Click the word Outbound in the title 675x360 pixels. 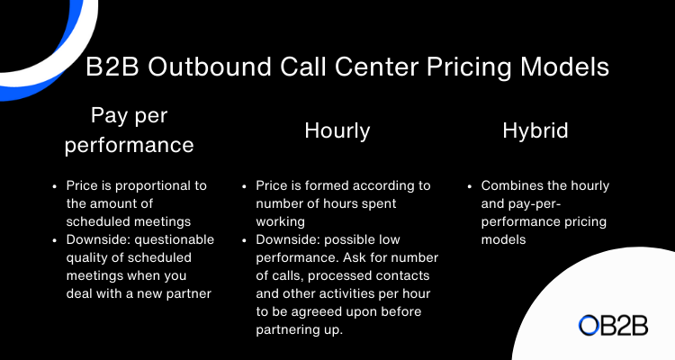[x=210, y=67]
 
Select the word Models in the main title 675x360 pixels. [x=565, y=67]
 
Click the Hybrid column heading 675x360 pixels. [x=535, y=130]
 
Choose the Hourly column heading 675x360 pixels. [x=337, y=130]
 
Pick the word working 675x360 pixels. [x=280, y=222]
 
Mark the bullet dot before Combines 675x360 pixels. [x=470, y=186]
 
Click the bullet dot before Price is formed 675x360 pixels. [x=244, y=186]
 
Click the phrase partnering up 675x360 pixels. [x=299, y=330]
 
